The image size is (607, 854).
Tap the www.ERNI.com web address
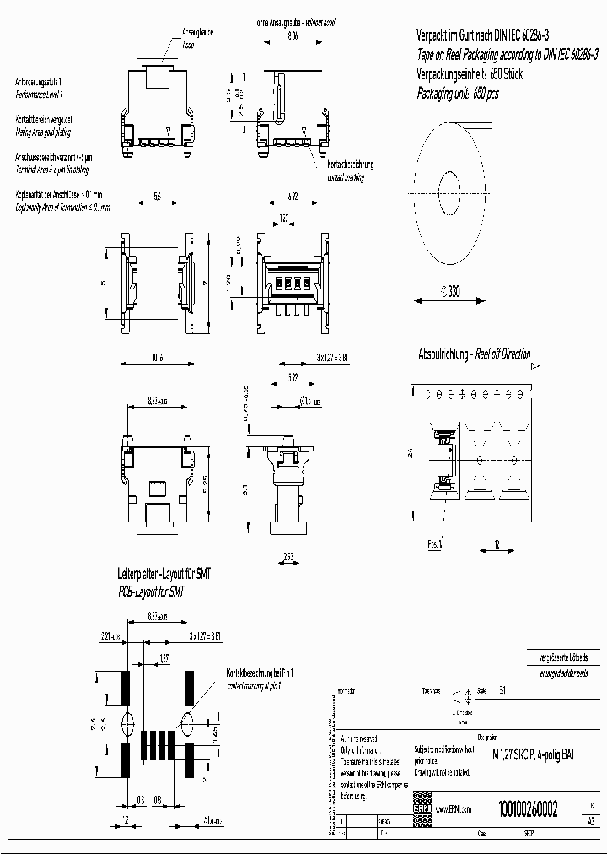point(453,809)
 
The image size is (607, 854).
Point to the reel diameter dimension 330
point(452,293)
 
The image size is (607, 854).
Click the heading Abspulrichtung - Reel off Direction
point(475,354)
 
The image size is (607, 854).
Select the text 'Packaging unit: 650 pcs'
point(458,94)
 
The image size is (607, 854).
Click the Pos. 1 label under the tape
point(435,545)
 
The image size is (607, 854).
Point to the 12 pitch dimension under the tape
point(498,545)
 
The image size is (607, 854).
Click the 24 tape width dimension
point(411,453)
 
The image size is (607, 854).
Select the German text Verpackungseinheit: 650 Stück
point(470,74)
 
